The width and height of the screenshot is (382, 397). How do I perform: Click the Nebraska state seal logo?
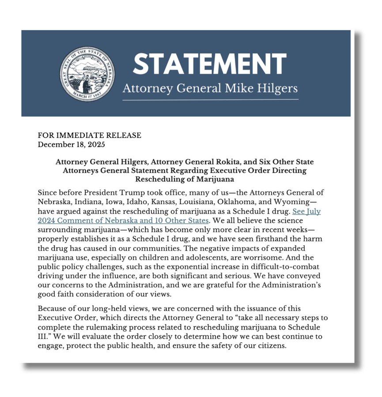(x=87, y=74)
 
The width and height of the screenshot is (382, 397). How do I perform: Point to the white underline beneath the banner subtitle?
(x=210, y=100)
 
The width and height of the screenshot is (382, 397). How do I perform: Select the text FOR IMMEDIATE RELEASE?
(x=90, y=135)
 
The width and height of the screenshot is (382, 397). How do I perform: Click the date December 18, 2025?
(x=72, y=144)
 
